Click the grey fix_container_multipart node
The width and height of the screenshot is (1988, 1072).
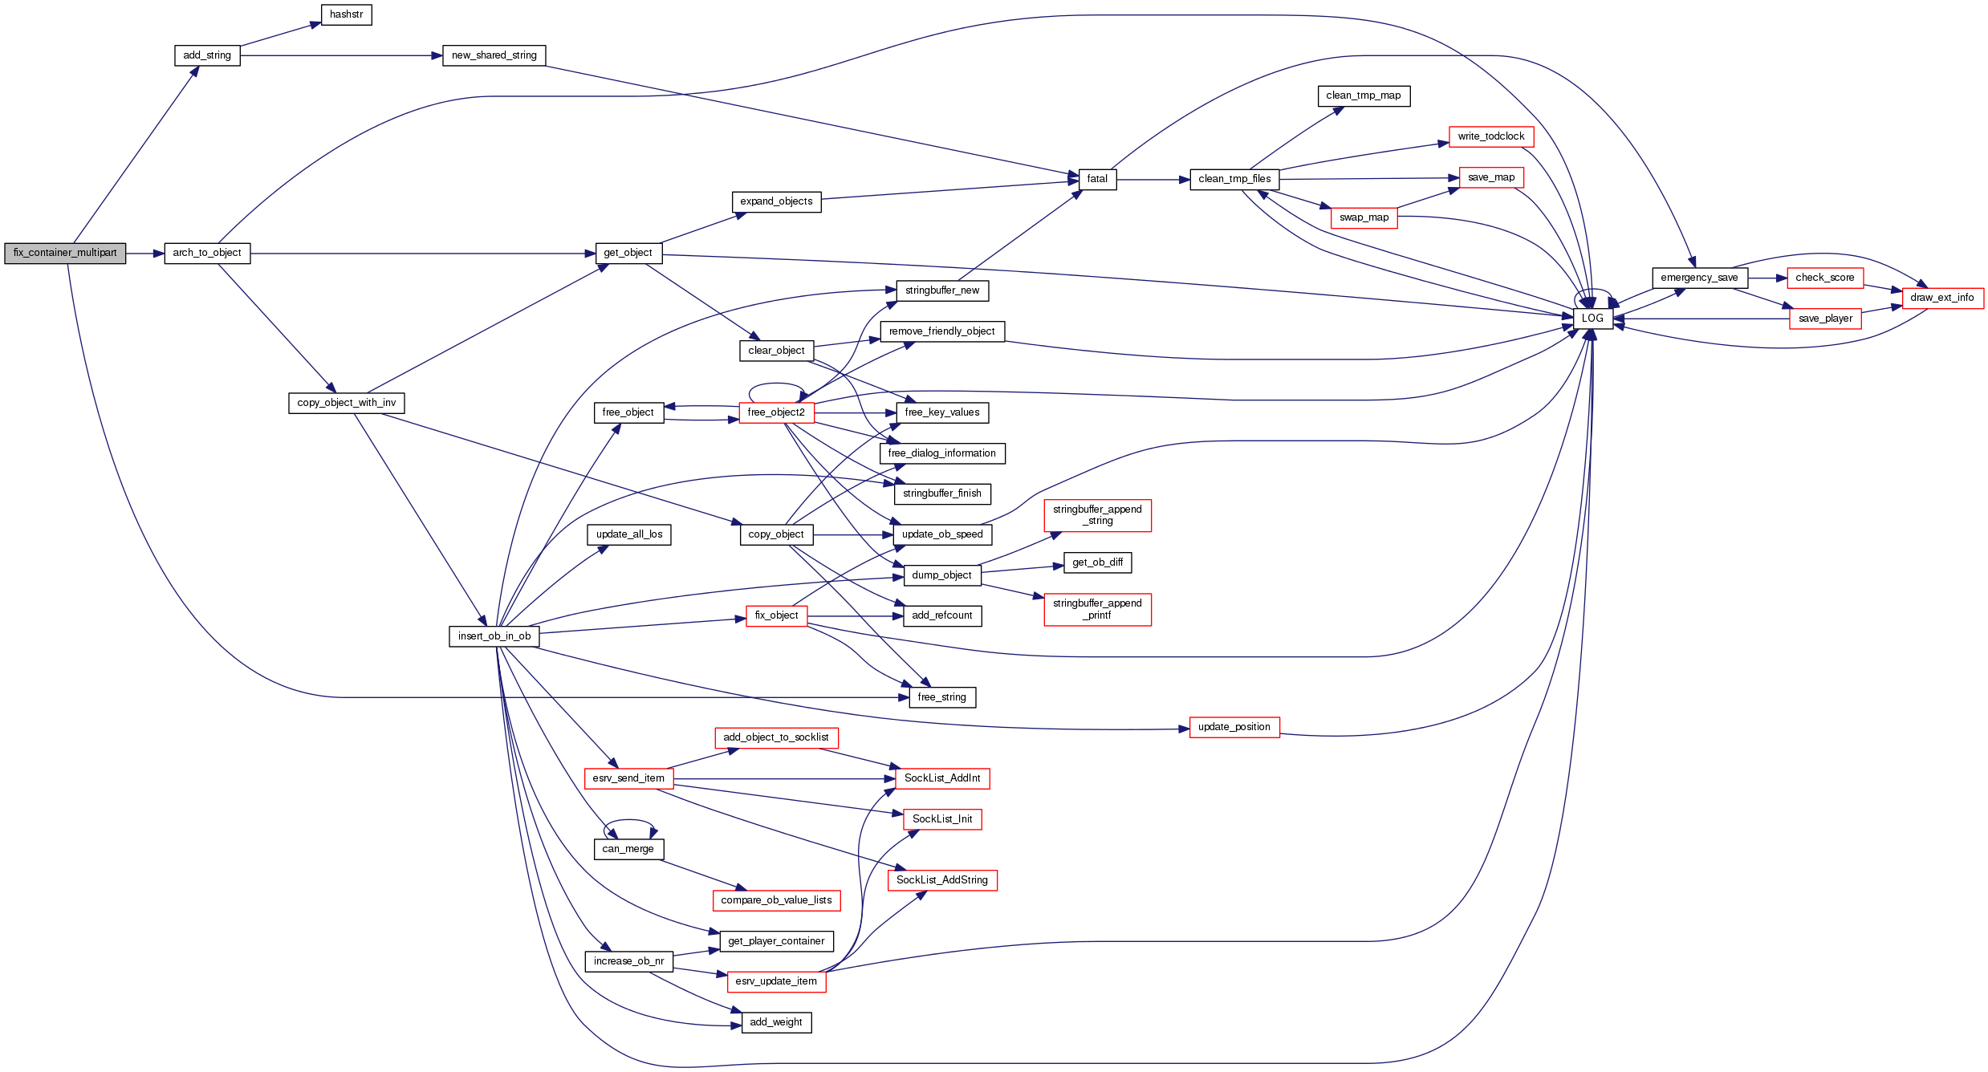click(65, 253)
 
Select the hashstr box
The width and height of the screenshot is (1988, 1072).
click(346, 14)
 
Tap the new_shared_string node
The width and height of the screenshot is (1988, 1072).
click(494, 55)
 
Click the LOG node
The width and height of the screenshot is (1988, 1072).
click(1592, 319)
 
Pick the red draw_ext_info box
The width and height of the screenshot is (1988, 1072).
click(1941, 298)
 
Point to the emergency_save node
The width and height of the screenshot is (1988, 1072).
click(1699, 278)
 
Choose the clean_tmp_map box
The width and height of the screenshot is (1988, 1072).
click(1363, 95)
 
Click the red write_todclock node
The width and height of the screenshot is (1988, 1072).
click(1490, 136)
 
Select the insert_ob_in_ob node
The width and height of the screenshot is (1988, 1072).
click(494, 636)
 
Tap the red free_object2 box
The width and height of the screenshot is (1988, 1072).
click(775, 412)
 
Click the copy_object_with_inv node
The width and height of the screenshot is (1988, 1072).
click(346, 403)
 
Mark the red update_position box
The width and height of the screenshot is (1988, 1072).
click(1234, 727)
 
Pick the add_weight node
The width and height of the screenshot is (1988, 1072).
click(775, 1022)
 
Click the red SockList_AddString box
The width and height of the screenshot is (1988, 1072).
click(941, 880)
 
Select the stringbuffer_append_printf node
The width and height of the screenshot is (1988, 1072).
click(1096, 609)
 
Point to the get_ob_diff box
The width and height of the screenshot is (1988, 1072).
click(1097, 562)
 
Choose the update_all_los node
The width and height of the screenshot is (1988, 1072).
click(628, 534)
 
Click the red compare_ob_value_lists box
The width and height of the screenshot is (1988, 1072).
click(775, 900)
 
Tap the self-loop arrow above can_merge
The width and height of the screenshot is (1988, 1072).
click(630, 821)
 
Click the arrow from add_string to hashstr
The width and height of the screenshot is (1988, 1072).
click(281, 35)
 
